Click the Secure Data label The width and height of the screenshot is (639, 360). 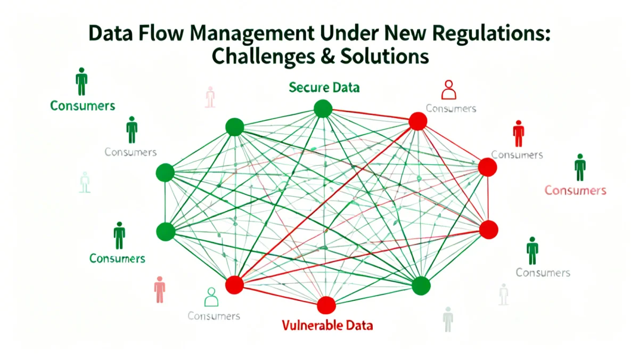[324, 87]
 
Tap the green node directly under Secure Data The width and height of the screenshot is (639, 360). [323, 109]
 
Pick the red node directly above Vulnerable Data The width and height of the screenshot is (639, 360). [326, 305]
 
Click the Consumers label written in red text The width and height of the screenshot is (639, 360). [575, 190]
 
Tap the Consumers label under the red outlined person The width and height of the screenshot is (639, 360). [450, 109]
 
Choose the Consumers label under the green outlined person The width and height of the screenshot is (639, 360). [214, 316]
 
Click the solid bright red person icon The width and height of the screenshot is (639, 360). [518, 133]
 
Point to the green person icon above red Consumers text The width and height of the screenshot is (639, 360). [579, 167]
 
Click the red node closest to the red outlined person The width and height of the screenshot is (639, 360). [418, 121]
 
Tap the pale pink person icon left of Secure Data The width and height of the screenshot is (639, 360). [210, 97]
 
